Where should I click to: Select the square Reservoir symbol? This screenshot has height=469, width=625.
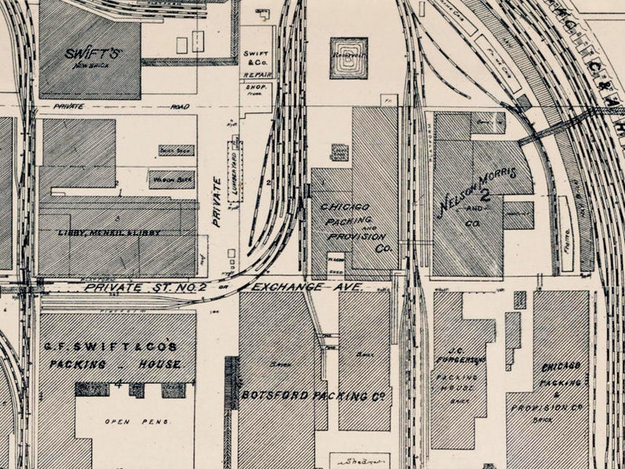click(x=348, y=58)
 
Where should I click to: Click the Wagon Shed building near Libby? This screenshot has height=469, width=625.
click(x=172, y=179)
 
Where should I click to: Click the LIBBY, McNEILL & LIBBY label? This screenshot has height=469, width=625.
click(x=109, y=233)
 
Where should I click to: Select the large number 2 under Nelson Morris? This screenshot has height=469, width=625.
click(x=485, y=194)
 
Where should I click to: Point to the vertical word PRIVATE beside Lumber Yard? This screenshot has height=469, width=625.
click(x=216, y=201)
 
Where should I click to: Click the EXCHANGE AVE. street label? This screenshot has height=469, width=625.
click(x=309, y=287)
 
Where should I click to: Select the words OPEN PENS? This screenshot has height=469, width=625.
click(x=128, y=422)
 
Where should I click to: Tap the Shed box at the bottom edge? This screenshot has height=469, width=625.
click(x=360, y=460)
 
